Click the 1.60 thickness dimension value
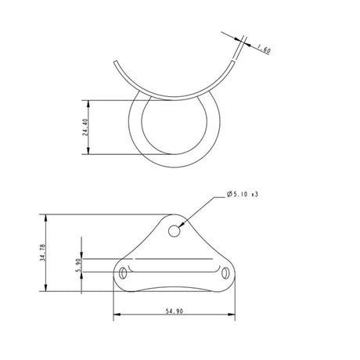(x=264, y=50)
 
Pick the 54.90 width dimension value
(x=174, y=311)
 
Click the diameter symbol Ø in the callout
(x=228, y=193)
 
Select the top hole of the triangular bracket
(x=175, y=230)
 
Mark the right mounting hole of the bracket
(x=226, y=273)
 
